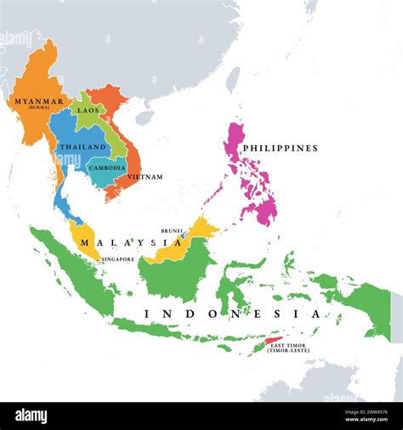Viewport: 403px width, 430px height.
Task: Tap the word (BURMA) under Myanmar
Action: pyautogui.click(x=37, y=109)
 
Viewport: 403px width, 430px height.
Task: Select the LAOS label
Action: pyautogui.click(x=88, y=110)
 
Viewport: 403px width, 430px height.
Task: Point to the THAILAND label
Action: pyautogui.click(x=82, y=147)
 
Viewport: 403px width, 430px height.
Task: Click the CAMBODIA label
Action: pyautogui.click(x=107, y=167)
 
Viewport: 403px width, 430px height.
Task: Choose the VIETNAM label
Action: pyautogui.click(x=145, y=177)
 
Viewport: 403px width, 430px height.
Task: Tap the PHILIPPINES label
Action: pyautogui.click(x=280, y=148)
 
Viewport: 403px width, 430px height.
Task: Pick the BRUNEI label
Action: pyautogui.click(x=172, y=230)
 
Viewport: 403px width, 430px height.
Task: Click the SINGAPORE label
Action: pyautogui.click(x=117, y=259)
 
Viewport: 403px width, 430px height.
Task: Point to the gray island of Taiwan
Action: pyautogui.click(x=232, y=81)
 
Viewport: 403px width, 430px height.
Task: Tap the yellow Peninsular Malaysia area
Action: pyautogui.click(x=86, y=235)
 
